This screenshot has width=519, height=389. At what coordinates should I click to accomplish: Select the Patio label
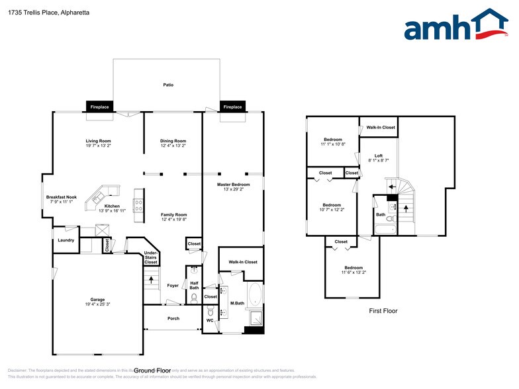(x=169, y=85)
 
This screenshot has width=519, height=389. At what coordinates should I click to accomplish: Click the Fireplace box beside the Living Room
(x=99, y=107)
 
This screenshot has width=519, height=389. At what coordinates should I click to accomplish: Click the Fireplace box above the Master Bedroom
(x=232, y=107)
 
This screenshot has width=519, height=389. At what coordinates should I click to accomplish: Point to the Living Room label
(x=97, y=140)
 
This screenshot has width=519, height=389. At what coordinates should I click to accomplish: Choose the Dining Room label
(x=173, y=140)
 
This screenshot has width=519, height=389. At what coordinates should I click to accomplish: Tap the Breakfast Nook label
(x=61, y=197)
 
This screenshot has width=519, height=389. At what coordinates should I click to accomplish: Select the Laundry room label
(x=66, y=240)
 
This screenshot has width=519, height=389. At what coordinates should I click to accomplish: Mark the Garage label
(x=97, y=299)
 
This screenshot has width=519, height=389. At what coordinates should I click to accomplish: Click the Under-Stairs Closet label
(x=151, y=257)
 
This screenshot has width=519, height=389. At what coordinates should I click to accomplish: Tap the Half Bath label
(x=194, y=285)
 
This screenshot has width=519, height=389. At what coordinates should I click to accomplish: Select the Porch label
(x=173, y=318)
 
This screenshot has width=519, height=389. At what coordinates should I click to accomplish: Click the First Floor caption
(x=383, y=310)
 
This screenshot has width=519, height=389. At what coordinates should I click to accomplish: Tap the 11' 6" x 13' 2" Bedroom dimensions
(x=353, y=272)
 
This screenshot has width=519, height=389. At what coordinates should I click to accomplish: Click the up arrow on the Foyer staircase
(x=152, y=279)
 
